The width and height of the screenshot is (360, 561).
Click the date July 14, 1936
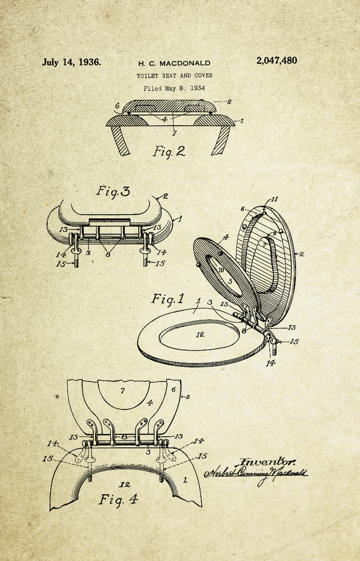point(72,62)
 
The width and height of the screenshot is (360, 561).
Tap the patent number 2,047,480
point(276,61)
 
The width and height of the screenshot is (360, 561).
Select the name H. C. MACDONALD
point(174,64)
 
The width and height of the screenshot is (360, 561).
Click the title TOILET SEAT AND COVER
point(174,75)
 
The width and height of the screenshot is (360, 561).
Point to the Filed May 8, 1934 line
point(174,88)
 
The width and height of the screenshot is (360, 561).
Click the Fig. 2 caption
point(169,151)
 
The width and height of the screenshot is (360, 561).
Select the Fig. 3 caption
point(113,191)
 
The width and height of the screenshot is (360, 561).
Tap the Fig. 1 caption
point(168,298)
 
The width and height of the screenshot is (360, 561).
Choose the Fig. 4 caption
point(119,499)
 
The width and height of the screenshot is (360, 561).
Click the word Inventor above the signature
point(268,462)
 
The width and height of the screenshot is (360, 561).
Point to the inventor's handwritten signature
point(255,473)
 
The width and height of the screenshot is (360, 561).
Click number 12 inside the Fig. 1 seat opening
point(200,334)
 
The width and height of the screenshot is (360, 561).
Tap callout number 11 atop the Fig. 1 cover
point(275,200)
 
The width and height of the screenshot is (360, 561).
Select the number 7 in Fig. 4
point(122,391)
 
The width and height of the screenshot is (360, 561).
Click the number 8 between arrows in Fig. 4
point(124,437)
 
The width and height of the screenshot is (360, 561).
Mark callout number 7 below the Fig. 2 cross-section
point(174,133)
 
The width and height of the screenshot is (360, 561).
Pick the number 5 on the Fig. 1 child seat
point(230,282)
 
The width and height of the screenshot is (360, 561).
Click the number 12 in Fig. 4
point(125,484)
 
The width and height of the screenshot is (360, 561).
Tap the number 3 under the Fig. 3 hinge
point(88,253)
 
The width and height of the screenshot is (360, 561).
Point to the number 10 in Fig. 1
point(221,270)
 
